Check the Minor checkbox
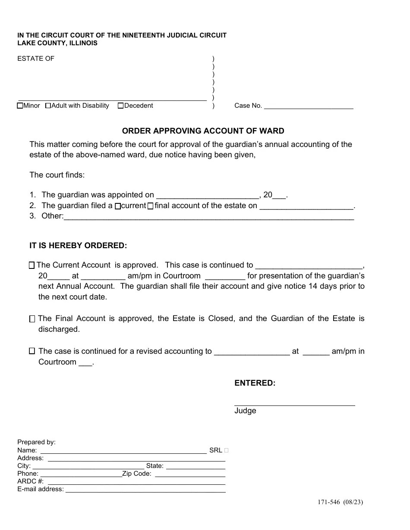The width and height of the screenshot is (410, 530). tap(20, 106)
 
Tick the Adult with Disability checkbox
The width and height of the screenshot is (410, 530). tap(48, 106)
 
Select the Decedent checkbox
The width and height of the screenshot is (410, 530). tap(120, 106)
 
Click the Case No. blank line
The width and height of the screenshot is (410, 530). tap(308, 106)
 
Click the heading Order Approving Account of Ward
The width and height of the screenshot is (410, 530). tap(203, 131)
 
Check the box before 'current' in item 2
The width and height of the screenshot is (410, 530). tap(117, 206)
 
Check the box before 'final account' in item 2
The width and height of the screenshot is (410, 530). tap(150, 206)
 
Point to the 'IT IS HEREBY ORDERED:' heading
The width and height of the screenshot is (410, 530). tap(78, 246)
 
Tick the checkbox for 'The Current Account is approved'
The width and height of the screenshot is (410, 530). tap(32, 265)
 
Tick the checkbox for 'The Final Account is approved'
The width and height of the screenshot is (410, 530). tap(32, 319)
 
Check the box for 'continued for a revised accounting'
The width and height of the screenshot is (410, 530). tap(32, 351)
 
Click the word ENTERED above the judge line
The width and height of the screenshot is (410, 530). tap(255, 383)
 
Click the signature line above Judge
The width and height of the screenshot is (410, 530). tap(294, 404)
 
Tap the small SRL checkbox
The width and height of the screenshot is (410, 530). tap(227, 450)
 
